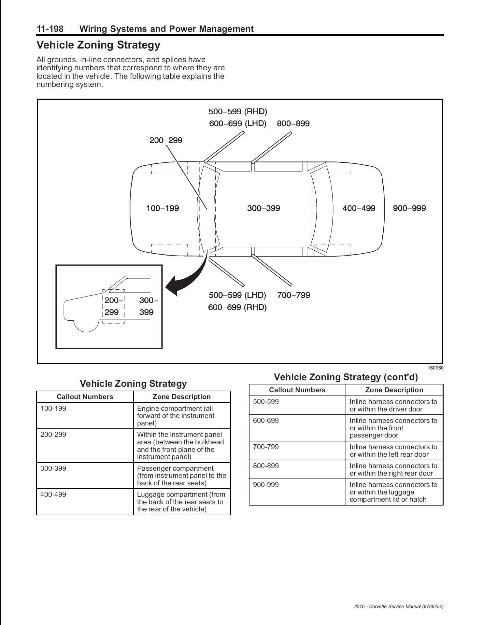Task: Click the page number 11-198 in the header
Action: tap(50, 29)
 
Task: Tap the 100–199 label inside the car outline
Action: tap(163, 208)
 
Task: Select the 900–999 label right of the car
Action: tap(409, 208)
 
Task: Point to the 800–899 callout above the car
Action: tap(293, 124)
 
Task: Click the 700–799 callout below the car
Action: tap(293, 295)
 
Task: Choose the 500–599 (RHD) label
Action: tap(238, 112)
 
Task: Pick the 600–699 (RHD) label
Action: tap(237, 307)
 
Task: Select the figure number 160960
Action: tap(435, 368)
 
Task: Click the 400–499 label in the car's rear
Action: tap(359, 208)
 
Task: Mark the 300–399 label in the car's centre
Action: tap(263, 208)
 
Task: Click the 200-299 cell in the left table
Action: tap(53, 435)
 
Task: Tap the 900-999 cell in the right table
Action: tap(266, 485)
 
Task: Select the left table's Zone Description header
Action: tap(181, 397)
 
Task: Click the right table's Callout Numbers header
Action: tap(297, 390)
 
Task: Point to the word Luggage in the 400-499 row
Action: tap(150, 494)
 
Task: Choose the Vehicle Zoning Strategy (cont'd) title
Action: tap(346, 377)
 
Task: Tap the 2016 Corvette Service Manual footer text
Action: tap(399, 606)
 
